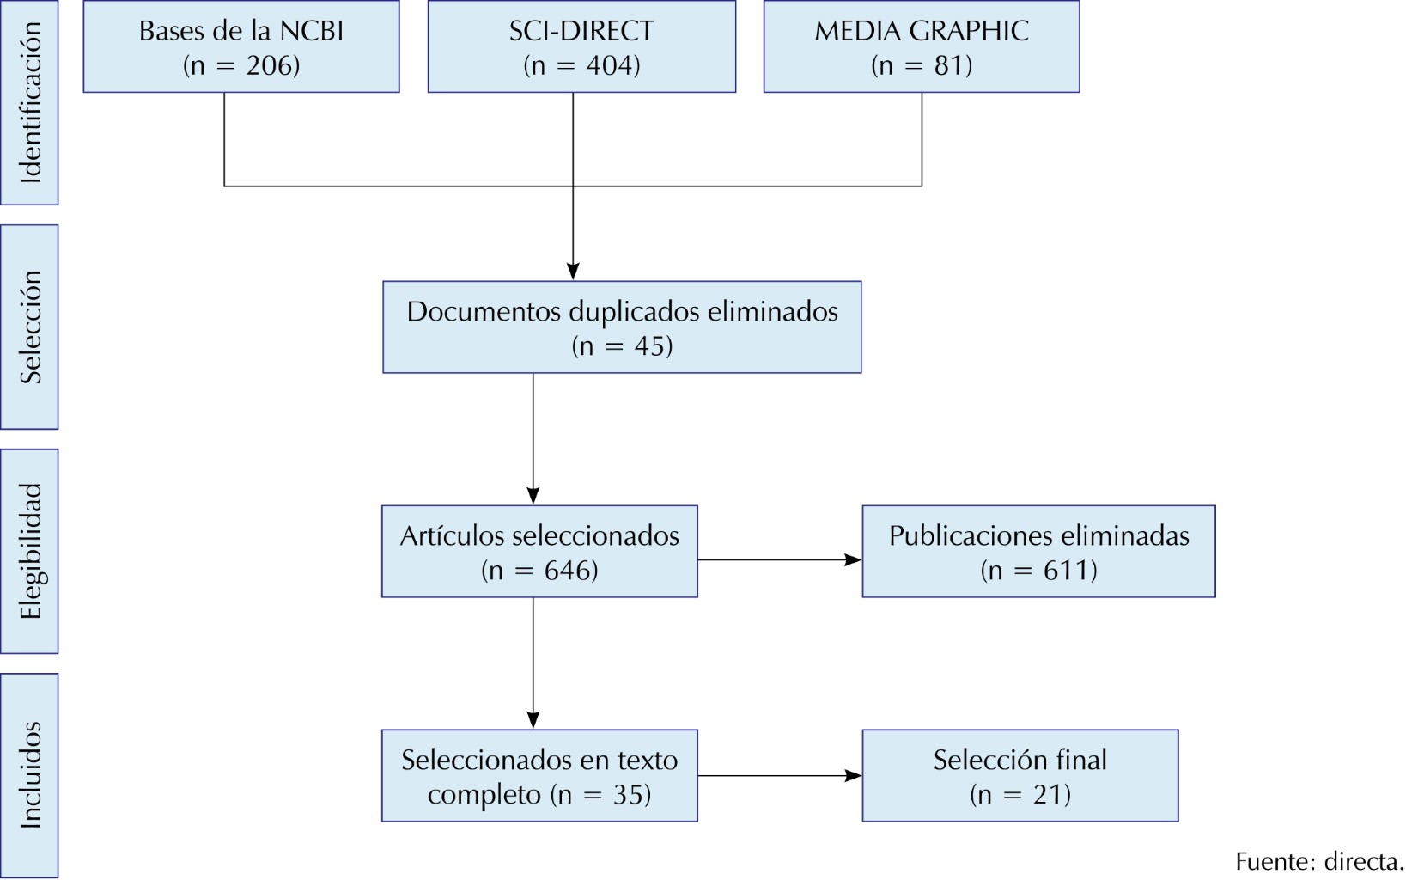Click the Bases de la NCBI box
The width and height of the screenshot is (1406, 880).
[241, 46]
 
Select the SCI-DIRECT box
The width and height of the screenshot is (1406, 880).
[581, 46]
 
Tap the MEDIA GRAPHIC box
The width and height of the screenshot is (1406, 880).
[921, 46]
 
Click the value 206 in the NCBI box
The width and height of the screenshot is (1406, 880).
[272, 66]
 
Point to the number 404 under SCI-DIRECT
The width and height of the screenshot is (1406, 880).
[612, 66]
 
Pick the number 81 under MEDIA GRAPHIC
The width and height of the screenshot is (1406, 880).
[952, 66]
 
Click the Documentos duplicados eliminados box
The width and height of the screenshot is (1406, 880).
[622, 327]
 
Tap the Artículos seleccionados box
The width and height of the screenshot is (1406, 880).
[539, 551]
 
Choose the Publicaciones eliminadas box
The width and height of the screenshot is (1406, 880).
[1038, 551]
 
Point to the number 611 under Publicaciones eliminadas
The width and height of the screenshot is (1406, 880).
[1068, 571]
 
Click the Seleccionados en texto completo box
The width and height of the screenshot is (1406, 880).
[539, 775]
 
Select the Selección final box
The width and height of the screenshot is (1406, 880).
[1020, 775]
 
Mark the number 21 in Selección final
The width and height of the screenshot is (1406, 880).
[1050, 795]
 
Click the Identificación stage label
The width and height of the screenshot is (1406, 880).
[29, 102]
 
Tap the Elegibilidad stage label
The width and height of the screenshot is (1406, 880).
[29, 551]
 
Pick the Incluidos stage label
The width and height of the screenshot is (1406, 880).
[29, 775]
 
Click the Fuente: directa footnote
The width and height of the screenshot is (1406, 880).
[1318, 861]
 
